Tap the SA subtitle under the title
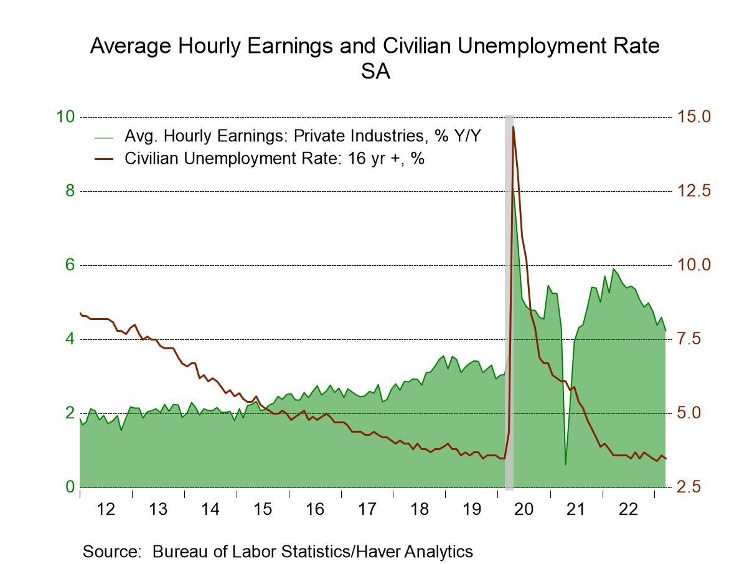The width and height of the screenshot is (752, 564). (x=375, y=72)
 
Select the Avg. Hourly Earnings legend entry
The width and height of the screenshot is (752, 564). (x=303, y=136)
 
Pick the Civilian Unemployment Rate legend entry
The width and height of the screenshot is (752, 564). (x=275, y=158)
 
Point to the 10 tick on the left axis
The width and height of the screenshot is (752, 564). (x=66, y=117)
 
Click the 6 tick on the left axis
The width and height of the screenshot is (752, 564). (x=70, y=265)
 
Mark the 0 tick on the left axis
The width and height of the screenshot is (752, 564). (x=70, y=487)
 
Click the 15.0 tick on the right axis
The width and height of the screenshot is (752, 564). (x=694, y=117)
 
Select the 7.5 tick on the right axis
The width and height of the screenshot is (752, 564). (x=694, y=339)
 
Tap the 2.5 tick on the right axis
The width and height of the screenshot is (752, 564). (x=694, y=487)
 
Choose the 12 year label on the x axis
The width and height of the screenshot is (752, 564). (x=106, y=509)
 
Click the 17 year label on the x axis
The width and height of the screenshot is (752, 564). (x=367, y=509)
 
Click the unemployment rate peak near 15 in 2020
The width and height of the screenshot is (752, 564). (x=513, y=127)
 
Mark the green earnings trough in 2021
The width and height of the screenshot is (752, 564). (x=565, y=464)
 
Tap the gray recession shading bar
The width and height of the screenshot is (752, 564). (x=509, y=299)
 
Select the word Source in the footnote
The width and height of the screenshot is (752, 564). (x=111, y=551)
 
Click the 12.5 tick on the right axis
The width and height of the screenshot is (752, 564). (x=694, y=191)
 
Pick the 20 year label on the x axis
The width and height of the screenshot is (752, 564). (x=524, y=509)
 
